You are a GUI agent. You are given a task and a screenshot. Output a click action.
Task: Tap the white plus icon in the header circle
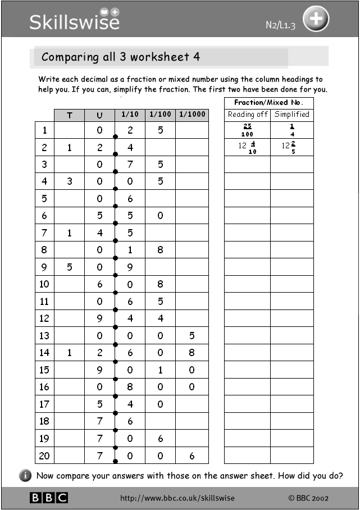click(x=316, y=20)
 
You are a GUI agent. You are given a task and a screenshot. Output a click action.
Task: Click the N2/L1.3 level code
click(x=280, y=25)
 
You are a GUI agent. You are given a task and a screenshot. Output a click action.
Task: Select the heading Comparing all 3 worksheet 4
click(x=121, y=57)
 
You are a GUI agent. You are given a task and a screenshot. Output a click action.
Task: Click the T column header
click(x=70, y=115)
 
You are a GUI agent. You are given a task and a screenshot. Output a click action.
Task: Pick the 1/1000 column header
click(x=192, y=115)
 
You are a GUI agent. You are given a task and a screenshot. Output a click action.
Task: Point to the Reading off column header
click(x=247, y=114)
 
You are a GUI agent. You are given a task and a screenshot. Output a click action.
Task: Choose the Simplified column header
click(x=291, y=114)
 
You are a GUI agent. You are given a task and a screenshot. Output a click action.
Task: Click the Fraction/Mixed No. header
click(x=268, y=102)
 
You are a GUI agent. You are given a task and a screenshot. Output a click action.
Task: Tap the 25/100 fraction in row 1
click(x=247, y=130)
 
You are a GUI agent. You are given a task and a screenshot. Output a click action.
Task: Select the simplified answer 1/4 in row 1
click(x=292, y=130)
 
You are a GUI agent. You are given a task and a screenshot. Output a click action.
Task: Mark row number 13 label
click(x=44, y=335)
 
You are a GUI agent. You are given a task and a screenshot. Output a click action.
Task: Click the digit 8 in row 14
click(x=192, y=353)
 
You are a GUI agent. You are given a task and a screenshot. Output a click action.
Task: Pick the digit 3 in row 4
click(x=70, y=181)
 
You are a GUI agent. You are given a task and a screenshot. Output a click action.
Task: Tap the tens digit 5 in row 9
click(x=70, y=267)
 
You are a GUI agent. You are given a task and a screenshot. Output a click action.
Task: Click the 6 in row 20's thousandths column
click(x=192, y=456)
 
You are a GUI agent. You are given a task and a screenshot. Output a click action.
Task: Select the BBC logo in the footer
click(x=49, y=498)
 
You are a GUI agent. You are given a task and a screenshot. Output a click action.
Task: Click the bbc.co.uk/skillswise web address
click(x=177, y=498)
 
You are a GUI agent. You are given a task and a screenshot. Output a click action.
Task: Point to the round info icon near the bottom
click(x=26, y=476)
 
